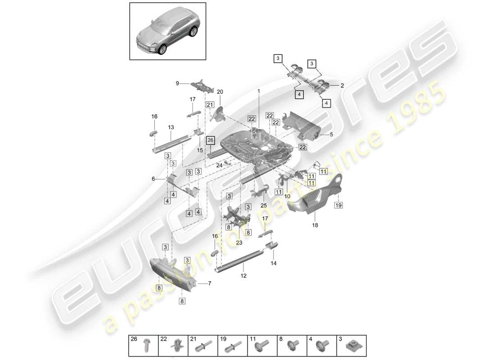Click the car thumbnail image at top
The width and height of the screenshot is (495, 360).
click(168, 31)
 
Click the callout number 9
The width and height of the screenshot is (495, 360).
click(177, 83)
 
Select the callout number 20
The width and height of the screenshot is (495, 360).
click(220, 92)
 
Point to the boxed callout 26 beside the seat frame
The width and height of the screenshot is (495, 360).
click(211, 140)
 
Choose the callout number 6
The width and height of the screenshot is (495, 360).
click(153, 179)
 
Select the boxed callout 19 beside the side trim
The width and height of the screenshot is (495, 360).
click(339, 205)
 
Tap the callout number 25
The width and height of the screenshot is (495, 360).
click(263, 206)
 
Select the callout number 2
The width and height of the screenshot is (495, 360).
click(342, 85)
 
